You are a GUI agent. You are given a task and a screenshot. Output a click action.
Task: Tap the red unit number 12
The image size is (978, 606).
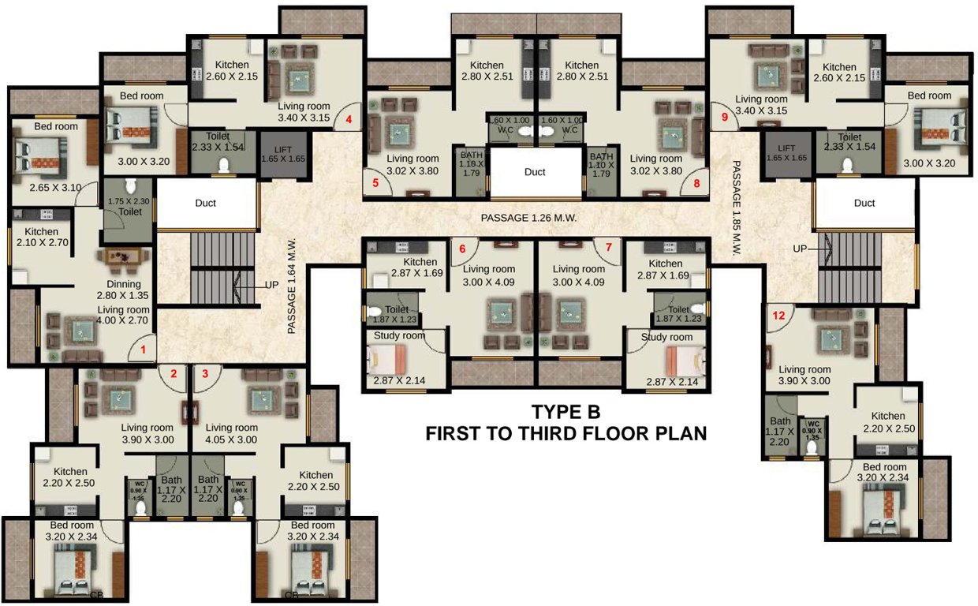pos(779,315)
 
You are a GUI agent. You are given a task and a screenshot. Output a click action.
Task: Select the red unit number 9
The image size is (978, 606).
pos(725,117)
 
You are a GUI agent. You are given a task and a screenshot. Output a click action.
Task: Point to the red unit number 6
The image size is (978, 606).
pos(462,249)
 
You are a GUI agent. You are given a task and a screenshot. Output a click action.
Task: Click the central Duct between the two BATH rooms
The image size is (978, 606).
pos(535,171)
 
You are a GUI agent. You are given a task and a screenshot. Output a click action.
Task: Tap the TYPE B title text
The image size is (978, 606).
pos(566,412)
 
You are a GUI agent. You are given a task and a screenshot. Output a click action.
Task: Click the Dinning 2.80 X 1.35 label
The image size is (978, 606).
pos(124,290)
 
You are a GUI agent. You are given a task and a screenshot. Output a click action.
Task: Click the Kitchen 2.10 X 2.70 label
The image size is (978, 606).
pos(41,238)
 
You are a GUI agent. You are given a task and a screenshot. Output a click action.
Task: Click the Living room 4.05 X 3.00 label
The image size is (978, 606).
pos(232,433)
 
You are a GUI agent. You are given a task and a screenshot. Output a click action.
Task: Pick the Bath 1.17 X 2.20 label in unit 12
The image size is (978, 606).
pos(780,432)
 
